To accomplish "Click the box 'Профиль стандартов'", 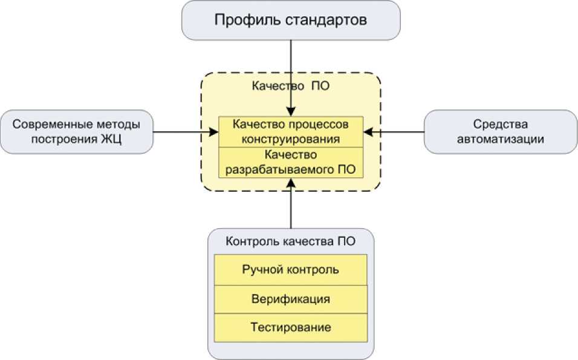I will tap(291, 20).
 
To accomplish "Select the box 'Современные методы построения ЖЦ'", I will tap(76, 132).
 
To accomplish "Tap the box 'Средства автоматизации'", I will tap(501, 132).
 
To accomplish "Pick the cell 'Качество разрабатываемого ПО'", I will tap(291, 162).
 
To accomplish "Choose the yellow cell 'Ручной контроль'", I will tap(291, 269).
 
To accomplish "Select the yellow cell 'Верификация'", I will tap(291, 299).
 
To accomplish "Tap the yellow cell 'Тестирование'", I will tap(291, 328).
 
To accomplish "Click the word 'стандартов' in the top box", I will tap(327, 20).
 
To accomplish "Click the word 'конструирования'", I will tap(291, 139).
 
